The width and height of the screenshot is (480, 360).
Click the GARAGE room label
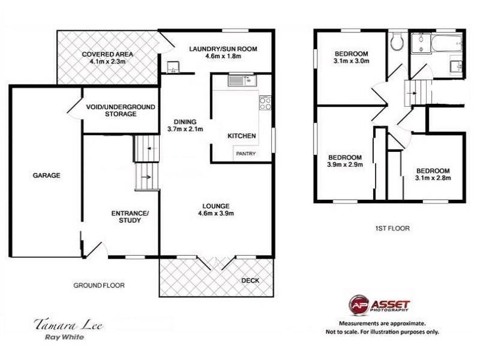tap(47, 175)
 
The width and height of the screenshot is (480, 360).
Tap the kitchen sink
tap(242, 80)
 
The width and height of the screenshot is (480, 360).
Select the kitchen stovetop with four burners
tap(265, 103)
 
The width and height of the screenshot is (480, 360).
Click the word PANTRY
tap(245, 154)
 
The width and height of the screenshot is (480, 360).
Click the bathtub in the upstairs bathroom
tap(446, 43)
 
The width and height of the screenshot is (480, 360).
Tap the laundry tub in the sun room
tap(173, 67)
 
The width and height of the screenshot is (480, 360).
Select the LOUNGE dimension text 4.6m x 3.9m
tap(216, 214)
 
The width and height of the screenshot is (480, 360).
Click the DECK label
tap(250, 280)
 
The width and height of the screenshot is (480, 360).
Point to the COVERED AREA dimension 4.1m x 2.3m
tap(107, 61)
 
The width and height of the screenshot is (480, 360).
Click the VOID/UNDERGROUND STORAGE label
tap(121, 110)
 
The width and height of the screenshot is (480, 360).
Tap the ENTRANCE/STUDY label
tap(130, 217)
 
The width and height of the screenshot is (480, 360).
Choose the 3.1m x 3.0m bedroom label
tap(352, 57)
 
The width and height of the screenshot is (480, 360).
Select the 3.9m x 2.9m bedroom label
tap(345, 161)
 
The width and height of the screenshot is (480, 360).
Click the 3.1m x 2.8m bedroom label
tap(433, 174)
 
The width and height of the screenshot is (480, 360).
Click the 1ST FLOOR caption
tap(392, 228)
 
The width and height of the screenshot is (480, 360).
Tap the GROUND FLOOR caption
tap(99, 286)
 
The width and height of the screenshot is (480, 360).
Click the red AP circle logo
tap(359, 305)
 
